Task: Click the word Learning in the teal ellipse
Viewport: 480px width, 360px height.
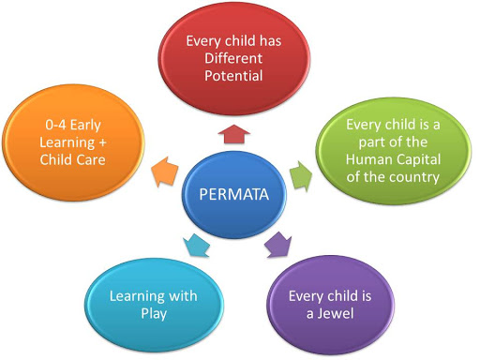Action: coord(130,297)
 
